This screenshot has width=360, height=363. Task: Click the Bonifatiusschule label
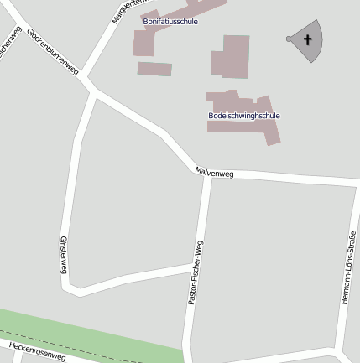[x=170, y=22]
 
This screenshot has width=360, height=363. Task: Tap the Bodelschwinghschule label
[x=244, y=116]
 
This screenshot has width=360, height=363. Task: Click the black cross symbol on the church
[x=307, y=39]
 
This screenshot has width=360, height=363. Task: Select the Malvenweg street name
[x=214, y=173]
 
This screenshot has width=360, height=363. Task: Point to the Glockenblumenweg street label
[x=52, y=51]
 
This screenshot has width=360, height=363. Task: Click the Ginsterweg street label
[x=63, y=254]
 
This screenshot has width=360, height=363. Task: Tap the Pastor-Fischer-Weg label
[x=196, y=272]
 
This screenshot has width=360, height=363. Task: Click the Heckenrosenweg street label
[x=37, y=351]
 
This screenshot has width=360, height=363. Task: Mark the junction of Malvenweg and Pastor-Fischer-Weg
[x=206, y=175]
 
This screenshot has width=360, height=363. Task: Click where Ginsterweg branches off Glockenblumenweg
[x=93, y=97]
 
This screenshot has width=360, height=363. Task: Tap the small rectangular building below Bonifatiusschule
[x=154, y=69]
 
